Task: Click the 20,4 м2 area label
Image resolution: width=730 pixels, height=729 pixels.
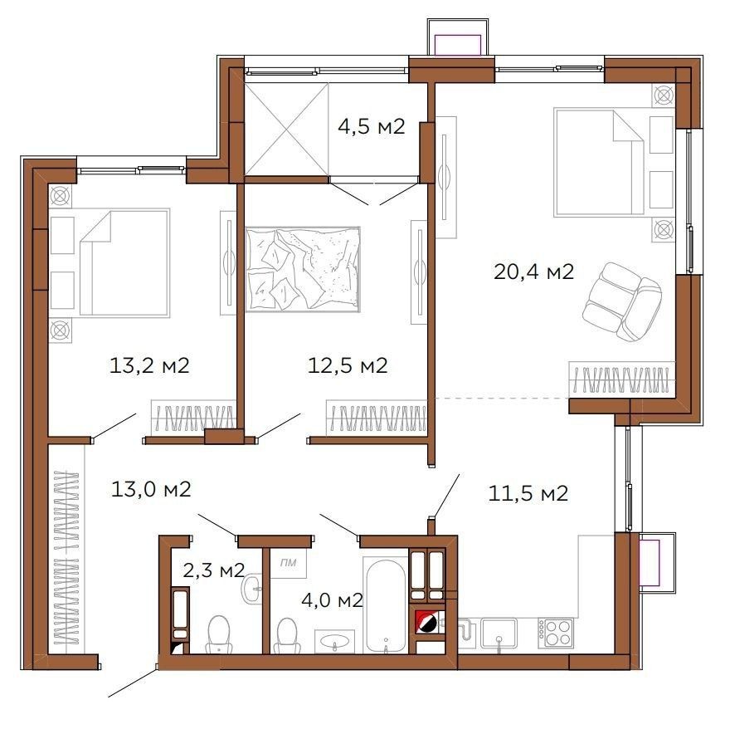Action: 533,272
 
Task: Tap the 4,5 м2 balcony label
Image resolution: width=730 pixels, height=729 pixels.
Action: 371,126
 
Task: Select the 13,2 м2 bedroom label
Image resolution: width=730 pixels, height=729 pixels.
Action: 149,365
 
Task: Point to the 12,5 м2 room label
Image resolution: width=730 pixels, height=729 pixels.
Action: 348,365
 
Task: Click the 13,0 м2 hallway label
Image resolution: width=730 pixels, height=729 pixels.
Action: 151,489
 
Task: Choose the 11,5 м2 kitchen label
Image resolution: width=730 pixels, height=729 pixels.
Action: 528,493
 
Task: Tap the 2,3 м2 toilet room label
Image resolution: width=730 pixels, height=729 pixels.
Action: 214,570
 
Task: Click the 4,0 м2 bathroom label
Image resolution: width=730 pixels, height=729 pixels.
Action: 332,600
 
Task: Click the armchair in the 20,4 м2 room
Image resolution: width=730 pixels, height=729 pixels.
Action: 621,301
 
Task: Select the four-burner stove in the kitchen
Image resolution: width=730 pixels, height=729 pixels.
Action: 556,633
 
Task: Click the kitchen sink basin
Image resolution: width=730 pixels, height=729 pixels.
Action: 499,633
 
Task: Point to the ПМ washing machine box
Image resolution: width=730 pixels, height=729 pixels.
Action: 289,563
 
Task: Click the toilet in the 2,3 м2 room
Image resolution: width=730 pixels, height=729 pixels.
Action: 218,635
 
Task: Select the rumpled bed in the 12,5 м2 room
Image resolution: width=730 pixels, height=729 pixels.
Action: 303,269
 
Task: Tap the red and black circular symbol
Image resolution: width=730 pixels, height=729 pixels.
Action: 426,622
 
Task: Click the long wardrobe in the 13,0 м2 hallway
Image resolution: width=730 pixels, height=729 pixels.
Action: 66,557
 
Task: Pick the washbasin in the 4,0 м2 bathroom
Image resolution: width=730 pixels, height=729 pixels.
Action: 334,641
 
